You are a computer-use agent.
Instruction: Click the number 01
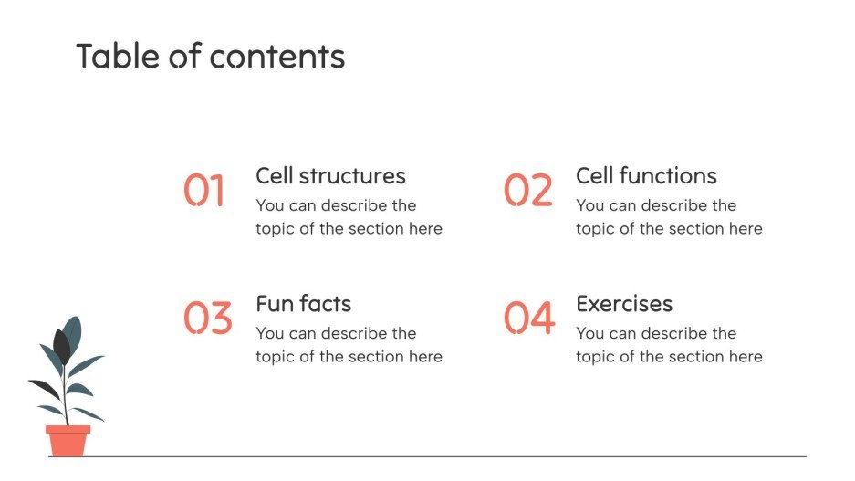coord(203,191)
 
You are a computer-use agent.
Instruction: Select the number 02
coord(528,191)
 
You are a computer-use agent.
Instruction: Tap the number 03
coord(207,319)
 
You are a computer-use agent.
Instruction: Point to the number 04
coord(529,319)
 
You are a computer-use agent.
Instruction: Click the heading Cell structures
coord(330,176)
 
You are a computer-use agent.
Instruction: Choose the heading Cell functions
coord(646,176)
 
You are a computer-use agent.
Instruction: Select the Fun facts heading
coord(303,304)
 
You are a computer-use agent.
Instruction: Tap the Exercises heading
coord(624,304)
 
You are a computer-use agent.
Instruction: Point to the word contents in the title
coord(277,58)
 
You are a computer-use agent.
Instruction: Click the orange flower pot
coord(68,440)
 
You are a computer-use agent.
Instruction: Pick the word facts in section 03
coord(324,304)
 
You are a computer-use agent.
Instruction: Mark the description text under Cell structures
coord(349,217)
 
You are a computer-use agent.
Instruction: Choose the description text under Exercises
coord(669,345)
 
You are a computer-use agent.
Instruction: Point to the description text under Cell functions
coord(669,217)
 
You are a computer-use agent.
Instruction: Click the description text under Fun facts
coord(349,345)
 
